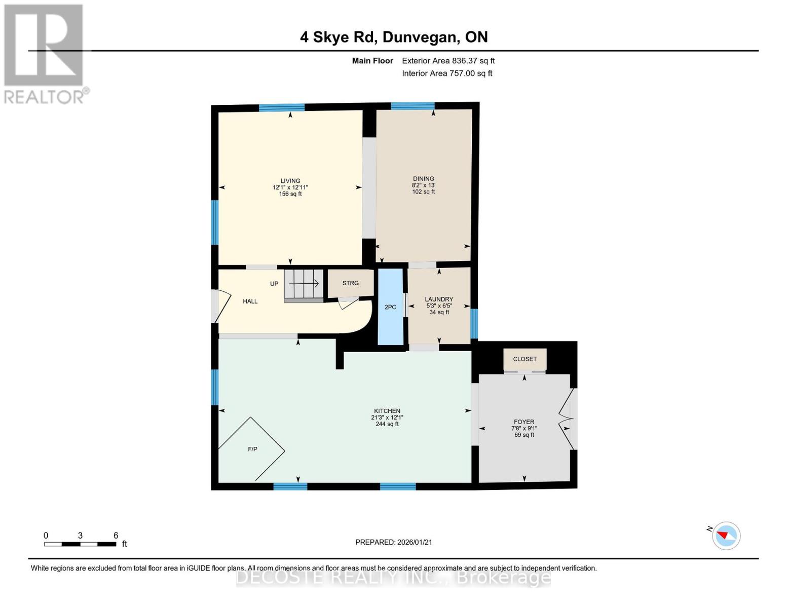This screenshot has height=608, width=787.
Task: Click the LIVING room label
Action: tap(290, 181)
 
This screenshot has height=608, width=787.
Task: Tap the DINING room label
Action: tap(423, 179)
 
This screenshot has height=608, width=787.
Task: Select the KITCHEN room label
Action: tap(387, 411)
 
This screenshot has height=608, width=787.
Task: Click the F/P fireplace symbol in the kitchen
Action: tap(252, 449)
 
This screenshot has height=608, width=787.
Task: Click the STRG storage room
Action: tap(350, 283)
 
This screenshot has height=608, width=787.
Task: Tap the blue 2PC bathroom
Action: tap(390, 307)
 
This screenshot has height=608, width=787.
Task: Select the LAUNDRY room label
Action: tap(439, 299)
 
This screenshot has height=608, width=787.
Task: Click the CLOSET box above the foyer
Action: tap(524, 359)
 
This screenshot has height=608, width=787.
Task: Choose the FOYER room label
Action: tap(524, 422)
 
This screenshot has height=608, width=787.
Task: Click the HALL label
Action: tap(250, 301)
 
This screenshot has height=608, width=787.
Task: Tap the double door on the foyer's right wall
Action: tap(567, 419)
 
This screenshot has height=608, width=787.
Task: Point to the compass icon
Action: tap(726, 536)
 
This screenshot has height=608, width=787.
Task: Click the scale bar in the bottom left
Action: tap(80, 544)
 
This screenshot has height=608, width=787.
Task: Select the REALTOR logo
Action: tap(44, 54)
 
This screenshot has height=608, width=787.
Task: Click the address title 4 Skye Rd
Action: tap(394, 37)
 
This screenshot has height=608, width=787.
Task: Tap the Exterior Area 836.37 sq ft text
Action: tap(448, 61)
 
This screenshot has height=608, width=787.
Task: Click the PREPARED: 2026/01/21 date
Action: tap(394, 542)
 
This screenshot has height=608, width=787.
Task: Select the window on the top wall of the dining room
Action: tap(413, 106)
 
